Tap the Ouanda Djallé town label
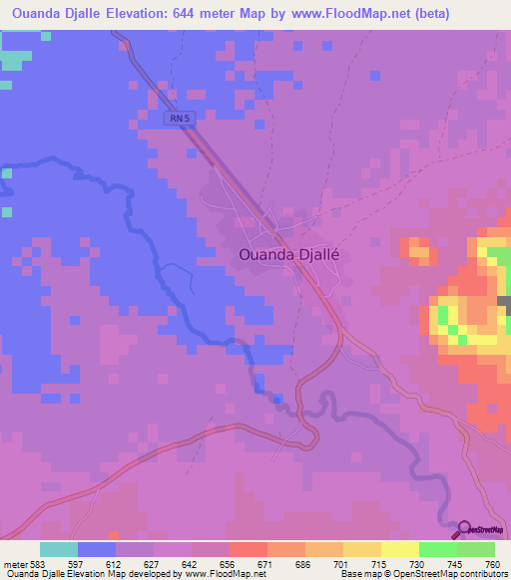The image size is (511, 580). pyautogui.click(x=290, y=254)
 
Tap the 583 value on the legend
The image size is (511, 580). pyautogui.click(x=35, y=563)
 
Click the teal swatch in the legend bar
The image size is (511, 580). pyautogui.click(x=59, y=549)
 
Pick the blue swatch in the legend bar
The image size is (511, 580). pyautogui.click(x=97, y=549)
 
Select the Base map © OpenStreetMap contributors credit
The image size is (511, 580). pyautogui.click(x=424, y=574)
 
